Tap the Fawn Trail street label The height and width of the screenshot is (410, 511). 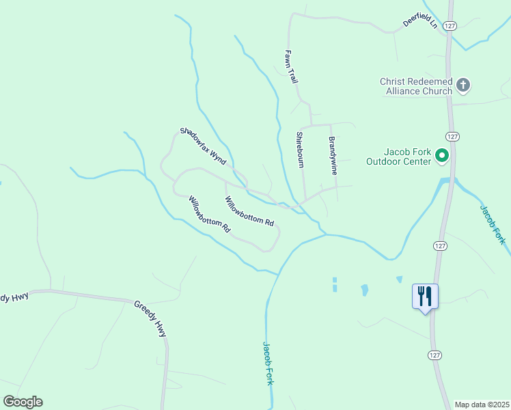[292, 66]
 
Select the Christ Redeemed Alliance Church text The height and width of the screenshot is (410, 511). [416, 86]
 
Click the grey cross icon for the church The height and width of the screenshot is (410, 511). [463, 85]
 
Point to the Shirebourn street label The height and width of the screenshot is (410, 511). [300, 150]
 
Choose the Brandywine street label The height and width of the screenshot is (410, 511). [333, 156]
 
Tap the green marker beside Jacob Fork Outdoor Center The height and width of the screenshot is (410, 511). [441, 156]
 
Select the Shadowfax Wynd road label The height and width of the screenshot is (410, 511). [203, 146]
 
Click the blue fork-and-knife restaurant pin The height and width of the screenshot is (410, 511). [425, 297]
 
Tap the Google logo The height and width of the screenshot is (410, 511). [23, 402]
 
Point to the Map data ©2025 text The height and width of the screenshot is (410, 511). [482, 405]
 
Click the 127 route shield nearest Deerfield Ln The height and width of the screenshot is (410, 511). [449, 25]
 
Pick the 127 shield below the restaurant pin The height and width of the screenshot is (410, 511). [436, 355]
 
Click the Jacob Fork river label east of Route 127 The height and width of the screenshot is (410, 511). [492, 223]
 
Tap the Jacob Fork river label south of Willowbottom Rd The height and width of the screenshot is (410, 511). [268, 364]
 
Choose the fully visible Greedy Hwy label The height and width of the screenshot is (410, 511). [150, 318]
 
